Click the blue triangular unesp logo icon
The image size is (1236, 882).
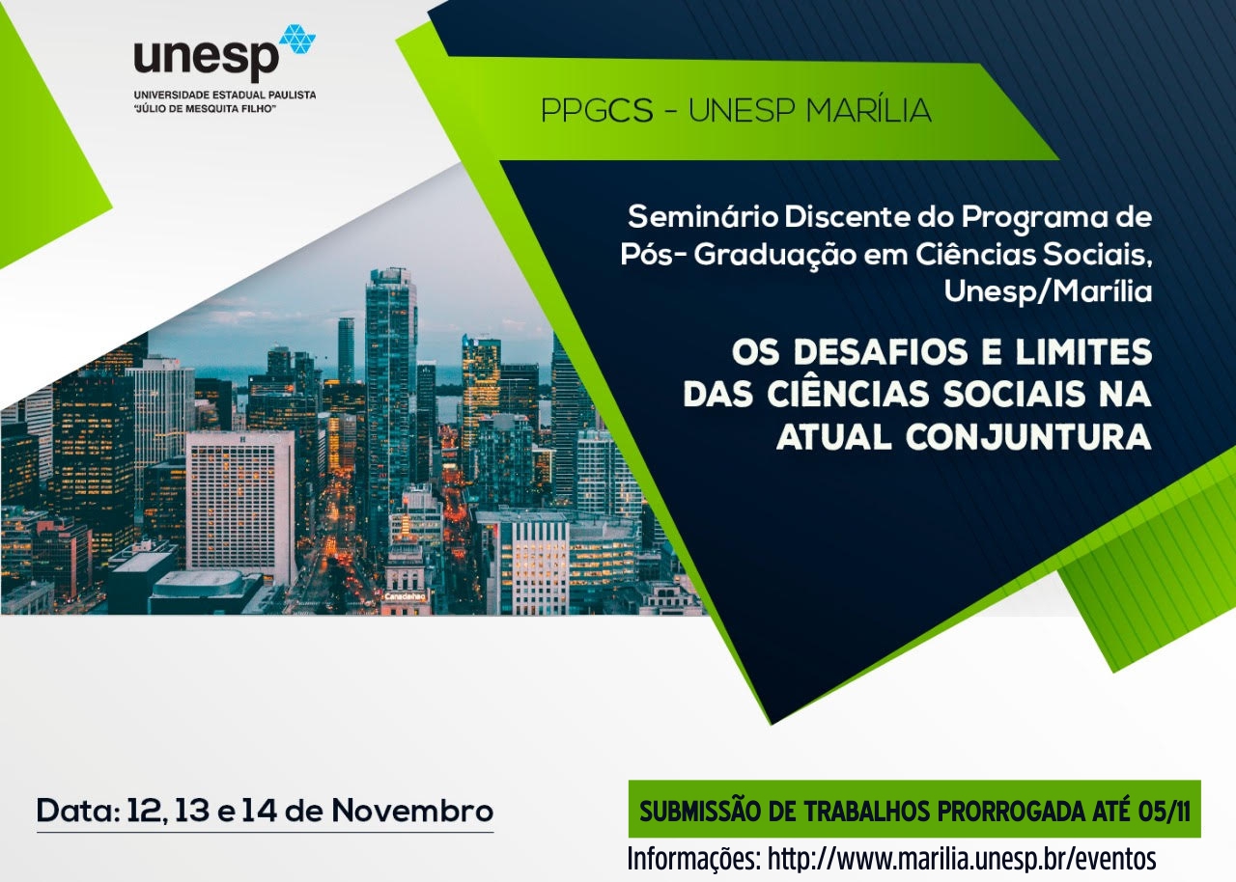297,39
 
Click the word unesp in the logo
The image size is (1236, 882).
207,59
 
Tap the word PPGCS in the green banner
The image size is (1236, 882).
597,110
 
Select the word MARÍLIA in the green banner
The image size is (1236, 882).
868,109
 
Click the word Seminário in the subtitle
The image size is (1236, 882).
703,217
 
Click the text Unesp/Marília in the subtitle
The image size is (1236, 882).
1049,292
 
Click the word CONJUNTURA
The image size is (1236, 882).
1028,438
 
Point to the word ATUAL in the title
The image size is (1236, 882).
833,438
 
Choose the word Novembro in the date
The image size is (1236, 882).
412,811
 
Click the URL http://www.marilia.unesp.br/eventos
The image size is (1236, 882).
962,859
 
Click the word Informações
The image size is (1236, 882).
694,860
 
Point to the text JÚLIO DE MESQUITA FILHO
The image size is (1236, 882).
205,109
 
